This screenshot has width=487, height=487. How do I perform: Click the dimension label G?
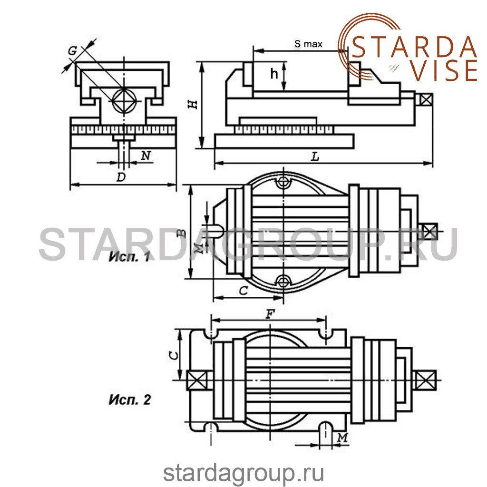tap(72, 50)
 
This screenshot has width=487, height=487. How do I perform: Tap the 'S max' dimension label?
tap(308, 44)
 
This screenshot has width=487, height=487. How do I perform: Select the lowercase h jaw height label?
tap(273, 74)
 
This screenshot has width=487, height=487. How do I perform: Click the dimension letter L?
tap(315, 157)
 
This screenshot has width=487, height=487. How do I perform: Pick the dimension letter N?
tap(146, 156)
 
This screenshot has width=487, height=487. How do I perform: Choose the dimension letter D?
tap(121, 177)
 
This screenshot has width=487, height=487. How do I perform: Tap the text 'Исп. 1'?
tap(129, 257)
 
